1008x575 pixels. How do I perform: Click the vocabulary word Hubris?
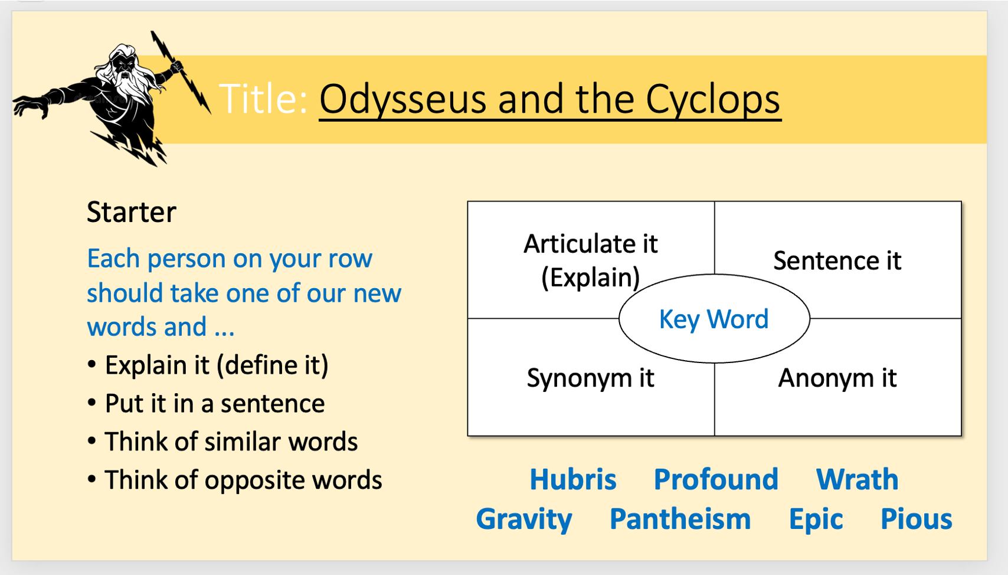coord(573,479)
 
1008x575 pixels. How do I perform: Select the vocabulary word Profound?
coord(716,479)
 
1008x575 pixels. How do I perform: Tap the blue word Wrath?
coord(858,479)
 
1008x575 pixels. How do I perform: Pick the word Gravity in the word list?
coord(524,519)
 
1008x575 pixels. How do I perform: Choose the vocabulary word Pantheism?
coord(680,519)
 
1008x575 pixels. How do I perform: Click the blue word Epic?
coord(816,519)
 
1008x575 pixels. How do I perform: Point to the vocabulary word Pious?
coord(916,519)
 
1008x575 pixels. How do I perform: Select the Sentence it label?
coord(837,260)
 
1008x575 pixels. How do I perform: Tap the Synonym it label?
coord(590,378)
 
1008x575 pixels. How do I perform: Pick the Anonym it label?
coord(837,377)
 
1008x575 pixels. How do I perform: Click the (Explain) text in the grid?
coord(590,277)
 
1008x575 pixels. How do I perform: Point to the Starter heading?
coord(132,212)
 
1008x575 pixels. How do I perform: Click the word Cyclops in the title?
coord(714,100)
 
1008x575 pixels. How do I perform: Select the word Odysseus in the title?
coord(402,100)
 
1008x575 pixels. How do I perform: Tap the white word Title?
coord(263,99)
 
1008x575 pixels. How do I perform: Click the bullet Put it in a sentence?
coord(206,403)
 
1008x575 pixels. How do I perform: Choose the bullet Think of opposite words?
coord(235,480)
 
